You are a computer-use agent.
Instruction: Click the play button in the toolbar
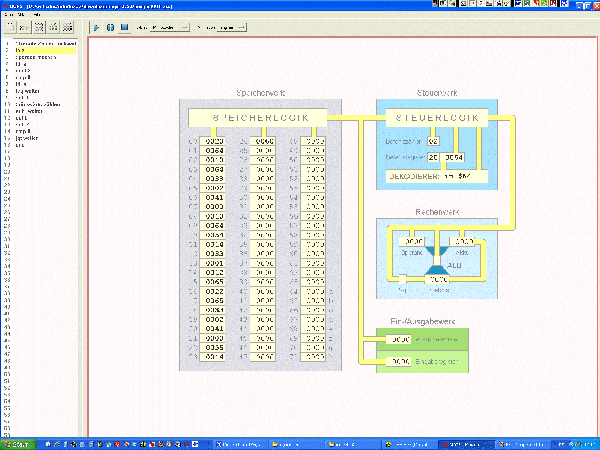coord(96,27)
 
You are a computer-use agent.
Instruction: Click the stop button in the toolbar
coord(124,27)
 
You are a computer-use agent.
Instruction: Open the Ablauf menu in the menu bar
coord(23,15)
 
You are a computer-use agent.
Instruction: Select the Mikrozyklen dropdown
coord(170,27)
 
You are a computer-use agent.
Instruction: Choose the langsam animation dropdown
coord(231,27)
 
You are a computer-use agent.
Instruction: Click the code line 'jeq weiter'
coord(27,91)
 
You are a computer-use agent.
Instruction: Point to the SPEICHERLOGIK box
coord(258,118)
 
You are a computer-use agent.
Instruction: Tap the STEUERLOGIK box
coord(437,118)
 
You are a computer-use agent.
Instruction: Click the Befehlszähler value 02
coord(433,141)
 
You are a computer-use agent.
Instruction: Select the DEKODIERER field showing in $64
coord(437,176)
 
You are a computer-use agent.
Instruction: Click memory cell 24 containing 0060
coord(265,141)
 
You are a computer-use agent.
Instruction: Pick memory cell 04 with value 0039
coord(214,179)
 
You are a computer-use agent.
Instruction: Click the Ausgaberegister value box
coord(400,339)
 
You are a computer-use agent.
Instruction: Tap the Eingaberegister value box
coord(400,362)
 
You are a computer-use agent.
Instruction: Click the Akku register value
coord(464,242)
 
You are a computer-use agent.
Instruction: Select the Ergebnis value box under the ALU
coord(439,279)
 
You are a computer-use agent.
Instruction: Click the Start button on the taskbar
coord(18,444)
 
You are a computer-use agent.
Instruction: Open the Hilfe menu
coord(37,15)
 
